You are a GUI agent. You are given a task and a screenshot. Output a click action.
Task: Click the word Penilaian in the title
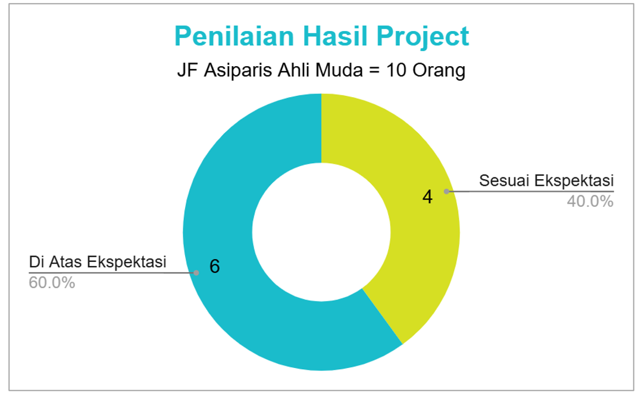tap(234, 36)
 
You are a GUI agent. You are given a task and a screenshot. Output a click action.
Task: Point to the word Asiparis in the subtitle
tap(237, 71)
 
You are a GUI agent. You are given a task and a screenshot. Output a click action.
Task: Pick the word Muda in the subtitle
tap(339, 70)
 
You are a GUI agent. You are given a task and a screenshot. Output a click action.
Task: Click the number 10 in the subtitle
tap(396, 70)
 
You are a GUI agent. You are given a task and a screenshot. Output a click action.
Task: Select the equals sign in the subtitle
tap(374, 70)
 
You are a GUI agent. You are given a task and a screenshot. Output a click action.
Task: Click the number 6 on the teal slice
tap(214, 267)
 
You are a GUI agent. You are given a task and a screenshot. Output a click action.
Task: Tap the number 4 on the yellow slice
tap(427, 197)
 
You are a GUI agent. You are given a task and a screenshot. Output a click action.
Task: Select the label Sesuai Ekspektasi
tap(546, 180)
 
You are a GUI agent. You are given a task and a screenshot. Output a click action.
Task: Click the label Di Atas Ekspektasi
tap(98, 261)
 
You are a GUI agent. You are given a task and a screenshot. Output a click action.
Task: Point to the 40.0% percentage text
tap(590, 201)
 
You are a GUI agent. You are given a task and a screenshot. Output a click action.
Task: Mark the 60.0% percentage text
tap(52, 282)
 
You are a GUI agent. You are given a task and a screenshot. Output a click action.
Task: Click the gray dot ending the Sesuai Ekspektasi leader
tap(446, 191)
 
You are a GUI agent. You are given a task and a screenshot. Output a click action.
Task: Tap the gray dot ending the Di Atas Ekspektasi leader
tap(196, 273)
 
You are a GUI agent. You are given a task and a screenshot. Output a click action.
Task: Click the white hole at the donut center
tap(321, 232)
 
